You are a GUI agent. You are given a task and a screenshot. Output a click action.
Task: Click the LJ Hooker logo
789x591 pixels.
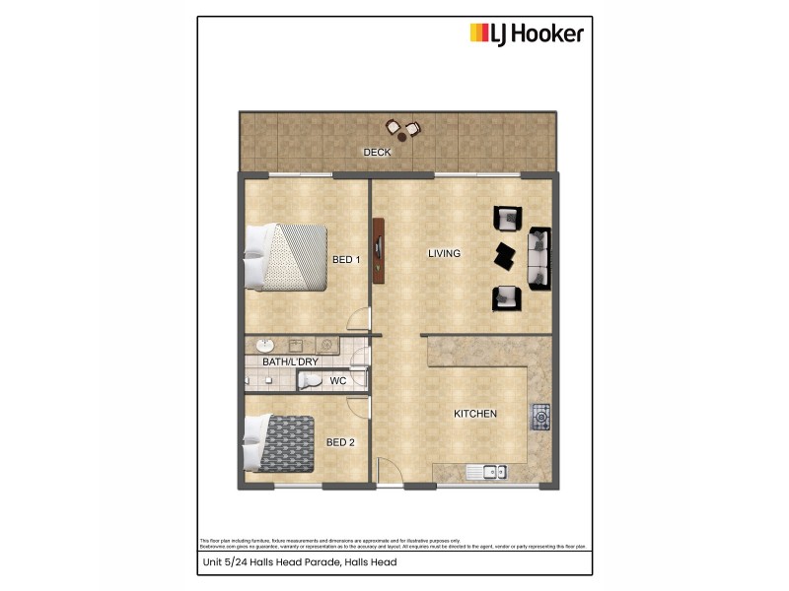(527, 34)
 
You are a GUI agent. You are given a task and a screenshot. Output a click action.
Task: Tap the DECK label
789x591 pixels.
(377, 153)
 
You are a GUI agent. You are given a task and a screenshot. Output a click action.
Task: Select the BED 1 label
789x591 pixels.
(346, 260)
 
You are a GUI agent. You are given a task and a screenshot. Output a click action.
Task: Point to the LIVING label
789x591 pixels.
(444, 254)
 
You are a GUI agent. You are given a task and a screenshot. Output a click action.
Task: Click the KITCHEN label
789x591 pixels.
(474, 414)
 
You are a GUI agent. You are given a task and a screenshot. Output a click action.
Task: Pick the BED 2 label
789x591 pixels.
(340, 442)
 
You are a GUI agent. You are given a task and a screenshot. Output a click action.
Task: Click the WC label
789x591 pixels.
(337, 380)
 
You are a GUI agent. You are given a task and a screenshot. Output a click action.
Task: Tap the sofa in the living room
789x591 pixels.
(539, 258)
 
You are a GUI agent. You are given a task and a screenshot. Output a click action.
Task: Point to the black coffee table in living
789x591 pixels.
(506, 255)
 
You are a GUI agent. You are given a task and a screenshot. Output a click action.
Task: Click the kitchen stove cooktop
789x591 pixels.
(539, 417)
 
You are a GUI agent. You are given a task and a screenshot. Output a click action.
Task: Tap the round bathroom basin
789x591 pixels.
(263, 346)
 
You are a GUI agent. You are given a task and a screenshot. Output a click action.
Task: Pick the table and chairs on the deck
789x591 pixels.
(402, 129)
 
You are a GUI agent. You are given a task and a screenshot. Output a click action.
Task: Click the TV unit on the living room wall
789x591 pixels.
(377, 251)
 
